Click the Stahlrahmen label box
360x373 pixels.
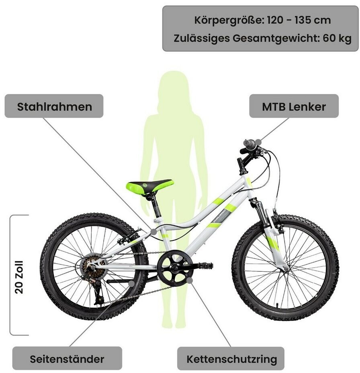click(54, 106)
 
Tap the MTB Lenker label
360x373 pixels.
click(294, 106)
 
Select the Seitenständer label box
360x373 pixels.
click(67, 358)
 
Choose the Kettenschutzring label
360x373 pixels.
click(231, 358)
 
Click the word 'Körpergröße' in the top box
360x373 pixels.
click(228, 20)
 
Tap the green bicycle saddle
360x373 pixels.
click(149, 186)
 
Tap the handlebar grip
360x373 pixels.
click(249, 144)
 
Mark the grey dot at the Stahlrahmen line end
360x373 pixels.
click(153, 232)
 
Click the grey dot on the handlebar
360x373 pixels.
click(258, 142)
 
